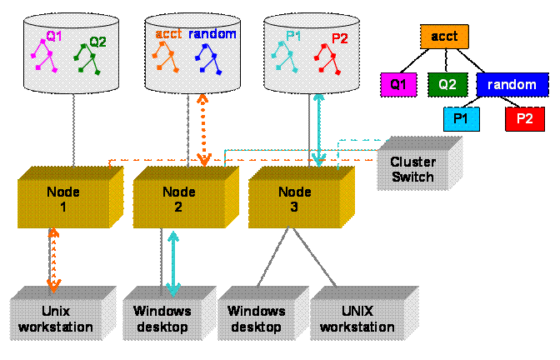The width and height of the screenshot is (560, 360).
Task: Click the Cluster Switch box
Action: (413, 168)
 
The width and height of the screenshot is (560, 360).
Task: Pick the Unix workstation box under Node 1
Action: (57, 317)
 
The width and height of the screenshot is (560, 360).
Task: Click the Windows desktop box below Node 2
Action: (163, 317)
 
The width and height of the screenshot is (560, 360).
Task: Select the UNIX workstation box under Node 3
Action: (360, 317)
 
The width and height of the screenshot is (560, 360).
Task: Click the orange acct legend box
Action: (444, 37)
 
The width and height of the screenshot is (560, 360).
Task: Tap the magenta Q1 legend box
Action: (398, 84)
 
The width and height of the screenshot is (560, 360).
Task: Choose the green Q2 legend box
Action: (447, 84)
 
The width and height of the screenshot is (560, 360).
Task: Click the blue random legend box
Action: (512, 84)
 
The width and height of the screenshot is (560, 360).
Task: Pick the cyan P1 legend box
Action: (461, 119)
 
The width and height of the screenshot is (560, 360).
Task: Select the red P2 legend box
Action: (524, 119)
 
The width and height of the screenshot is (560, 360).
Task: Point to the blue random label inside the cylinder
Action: (212, 34)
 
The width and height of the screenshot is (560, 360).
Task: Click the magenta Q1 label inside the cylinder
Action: (53, 36)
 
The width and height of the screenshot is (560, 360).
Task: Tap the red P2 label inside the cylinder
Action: (340, 38)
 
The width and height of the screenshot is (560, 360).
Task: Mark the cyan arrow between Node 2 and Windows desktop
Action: (172, 262)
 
